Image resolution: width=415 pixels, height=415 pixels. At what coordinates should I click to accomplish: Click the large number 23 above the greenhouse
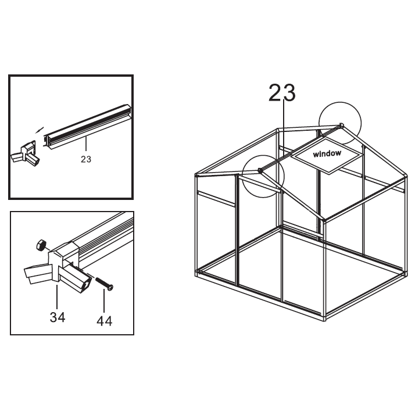tap(282, 92)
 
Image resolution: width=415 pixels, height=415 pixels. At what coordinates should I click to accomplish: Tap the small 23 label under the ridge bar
tap(86, 159)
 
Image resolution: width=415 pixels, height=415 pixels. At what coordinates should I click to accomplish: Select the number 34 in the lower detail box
tap(58, 317)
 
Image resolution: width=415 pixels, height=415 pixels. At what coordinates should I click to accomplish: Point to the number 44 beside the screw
tap(104, 321)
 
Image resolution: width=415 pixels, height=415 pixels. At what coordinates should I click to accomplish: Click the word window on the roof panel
tap(327, 153)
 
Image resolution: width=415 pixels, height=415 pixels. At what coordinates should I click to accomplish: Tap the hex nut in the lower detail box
tap(41, 245)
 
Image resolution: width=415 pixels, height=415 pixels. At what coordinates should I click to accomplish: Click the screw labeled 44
tap(104, 284)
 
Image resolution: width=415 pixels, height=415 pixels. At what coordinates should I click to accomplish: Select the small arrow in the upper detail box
tap(40, 130)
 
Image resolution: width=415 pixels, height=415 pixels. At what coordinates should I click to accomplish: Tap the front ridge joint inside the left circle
tap(260, 170)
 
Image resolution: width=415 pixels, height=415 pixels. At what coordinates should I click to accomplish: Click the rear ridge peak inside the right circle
tap(341, 125)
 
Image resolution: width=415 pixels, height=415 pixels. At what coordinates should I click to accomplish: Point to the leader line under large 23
tap(284, 129)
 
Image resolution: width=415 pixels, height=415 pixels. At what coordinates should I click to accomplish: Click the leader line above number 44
tap(104, 301)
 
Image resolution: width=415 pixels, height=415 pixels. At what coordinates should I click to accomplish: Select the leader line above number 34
tap(57, 296)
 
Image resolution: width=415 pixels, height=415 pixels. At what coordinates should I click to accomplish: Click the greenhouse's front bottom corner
tap(325, 319)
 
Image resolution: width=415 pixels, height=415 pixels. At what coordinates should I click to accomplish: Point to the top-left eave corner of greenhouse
tap(196, 175)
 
